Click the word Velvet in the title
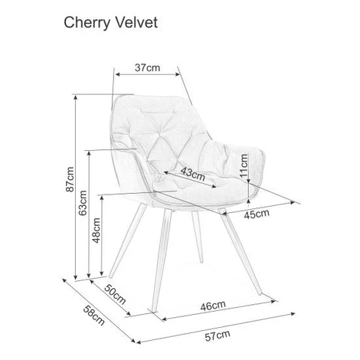point(137,22)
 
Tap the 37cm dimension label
point(148,67)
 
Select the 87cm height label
point(70,179)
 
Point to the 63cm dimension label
point(83,203)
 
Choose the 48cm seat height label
point(97,231)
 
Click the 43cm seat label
point(193,173)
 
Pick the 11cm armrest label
point(244,165)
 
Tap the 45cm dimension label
point(257,214)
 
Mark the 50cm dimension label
point(115,294)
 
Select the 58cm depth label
point(94,316)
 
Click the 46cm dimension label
point(213,306)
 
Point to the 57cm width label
point(218,336)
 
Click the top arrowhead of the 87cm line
point(75,98)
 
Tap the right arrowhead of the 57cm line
point(293,313)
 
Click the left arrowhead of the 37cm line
point(118,74)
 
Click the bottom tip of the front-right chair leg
point(260,294)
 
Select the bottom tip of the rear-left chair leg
point(110,277)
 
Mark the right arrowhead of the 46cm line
point(275,301)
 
